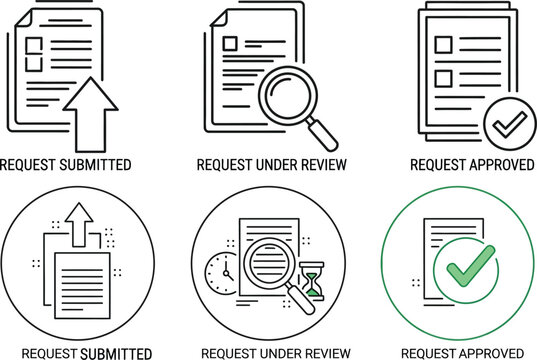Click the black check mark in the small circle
pos(503,125)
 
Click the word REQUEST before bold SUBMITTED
pos(49,353)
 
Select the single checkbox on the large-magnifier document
pos(231,43)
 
